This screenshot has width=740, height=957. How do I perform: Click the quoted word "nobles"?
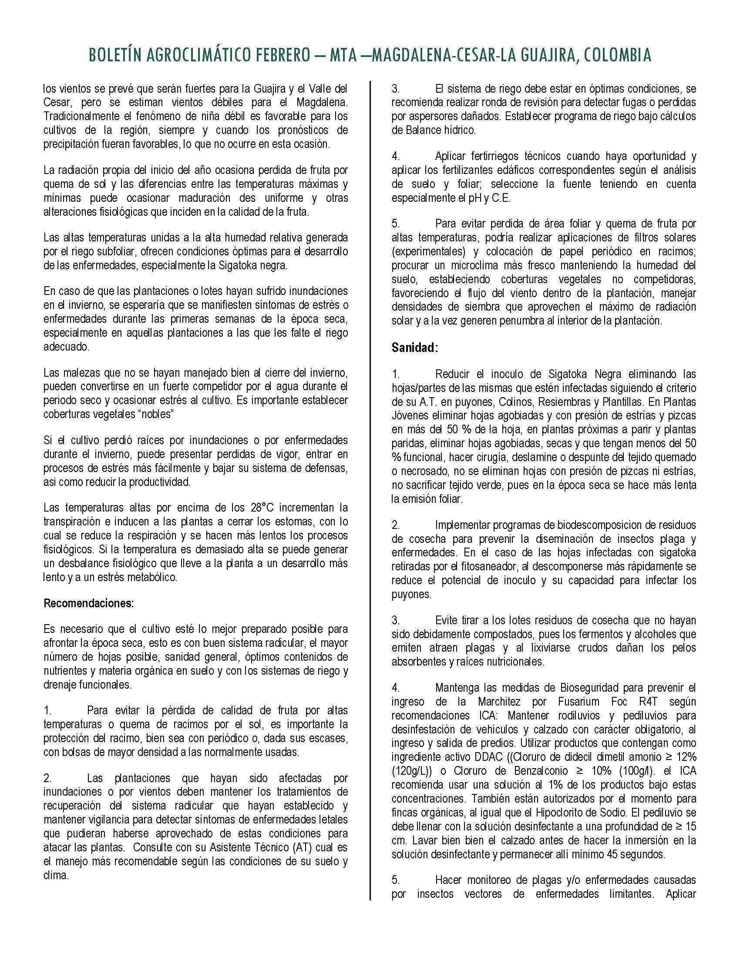pos(157,415)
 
